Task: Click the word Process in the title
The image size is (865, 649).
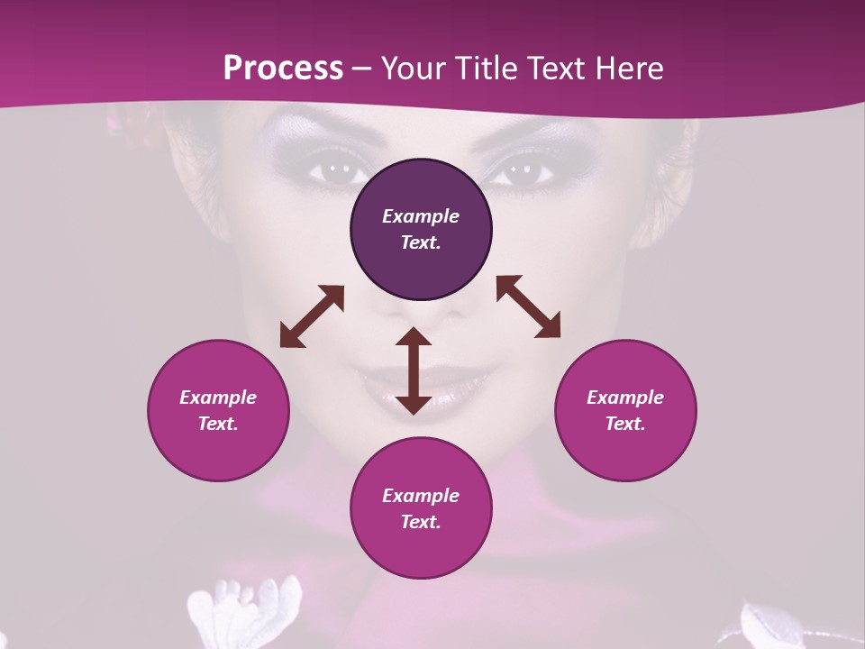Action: (x=283, y=68)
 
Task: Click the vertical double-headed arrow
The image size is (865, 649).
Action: (x=414, y=370)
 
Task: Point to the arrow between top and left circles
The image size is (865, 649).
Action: (x=312, y=316)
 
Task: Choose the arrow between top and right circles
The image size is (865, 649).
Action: (x=529, y=306)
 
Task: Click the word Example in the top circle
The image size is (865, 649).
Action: (x=421, y=216)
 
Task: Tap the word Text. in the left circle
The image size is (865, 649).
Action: (x=218, y=424)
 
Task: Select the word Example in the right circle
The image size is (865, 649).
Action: (x=625, y=398)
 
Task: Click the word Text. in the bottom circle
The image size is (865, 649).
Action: (x=421, y=522)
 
